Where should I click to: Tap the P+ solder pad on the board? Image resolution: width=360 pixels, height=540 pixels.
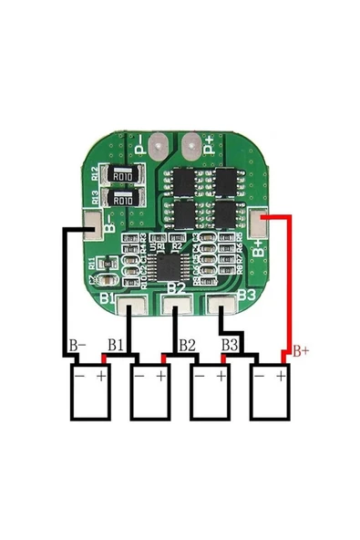192,143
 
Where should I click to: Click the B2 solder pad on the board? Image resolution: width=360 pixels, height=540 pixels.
177,307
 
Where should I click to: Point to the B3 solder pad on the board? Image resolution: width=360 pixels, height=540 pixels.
220,307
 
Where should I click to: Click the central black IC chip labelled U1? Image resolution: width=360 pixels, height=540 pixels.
170,266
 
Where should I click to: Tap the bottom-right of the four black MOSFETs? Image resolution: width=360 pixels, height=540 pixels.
221,212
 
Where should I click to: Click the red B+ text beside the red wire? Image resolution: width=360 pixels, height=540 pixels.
301,349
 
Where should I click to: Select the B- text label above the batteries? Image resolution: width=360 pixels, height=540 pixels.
77,346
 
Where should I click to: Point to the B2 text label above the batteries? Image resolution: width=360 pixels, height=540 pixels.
187,345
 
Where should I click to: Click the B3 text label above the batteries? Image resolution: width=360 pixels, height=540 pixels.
231,345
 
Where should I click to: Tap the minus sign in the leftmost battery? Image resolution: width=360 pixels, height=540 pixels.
79,375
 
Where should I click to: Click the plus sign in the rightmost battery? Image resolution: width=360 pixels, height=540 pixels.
282,375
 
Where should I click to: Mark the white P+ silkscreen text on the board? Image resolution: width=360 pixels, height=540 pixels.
209,144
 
